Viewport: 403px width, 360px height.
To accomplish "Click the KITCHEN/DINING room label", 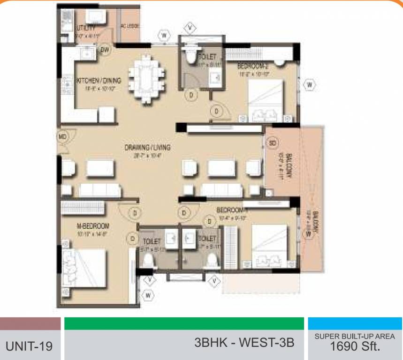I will [99, 81].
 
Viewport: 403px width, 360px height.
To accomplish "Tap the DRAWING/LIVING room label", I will [147, 148].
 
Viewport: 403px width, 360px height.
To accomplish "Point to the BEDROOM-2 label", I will [252, 66].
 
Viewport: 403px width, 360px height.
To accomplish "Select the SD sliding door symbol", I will [273, 142].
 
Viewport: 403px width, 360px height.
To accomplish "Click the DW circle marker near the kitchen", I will [105, 49].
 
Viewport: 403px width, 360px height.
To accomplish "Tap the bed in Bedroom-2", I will [265, 101].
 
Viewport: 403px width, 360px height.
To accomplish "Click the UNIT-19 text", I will [29, 346].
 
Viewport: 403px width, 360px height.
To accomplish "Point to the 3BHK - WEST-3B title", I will [244, 343].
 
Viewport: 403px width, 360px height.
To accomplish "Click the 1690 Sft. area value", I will [355, 347].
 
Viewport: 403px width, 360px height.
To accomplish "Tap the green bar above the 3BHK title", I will [183, 323].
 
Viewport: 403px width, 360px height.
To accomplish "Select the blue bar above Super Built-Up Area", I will [355, 323].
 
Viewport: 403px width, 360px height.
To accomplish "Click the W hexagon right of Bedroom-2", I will [309, 85].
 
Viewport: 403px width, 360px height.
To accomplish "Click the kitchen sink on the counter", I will [87, 55].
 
